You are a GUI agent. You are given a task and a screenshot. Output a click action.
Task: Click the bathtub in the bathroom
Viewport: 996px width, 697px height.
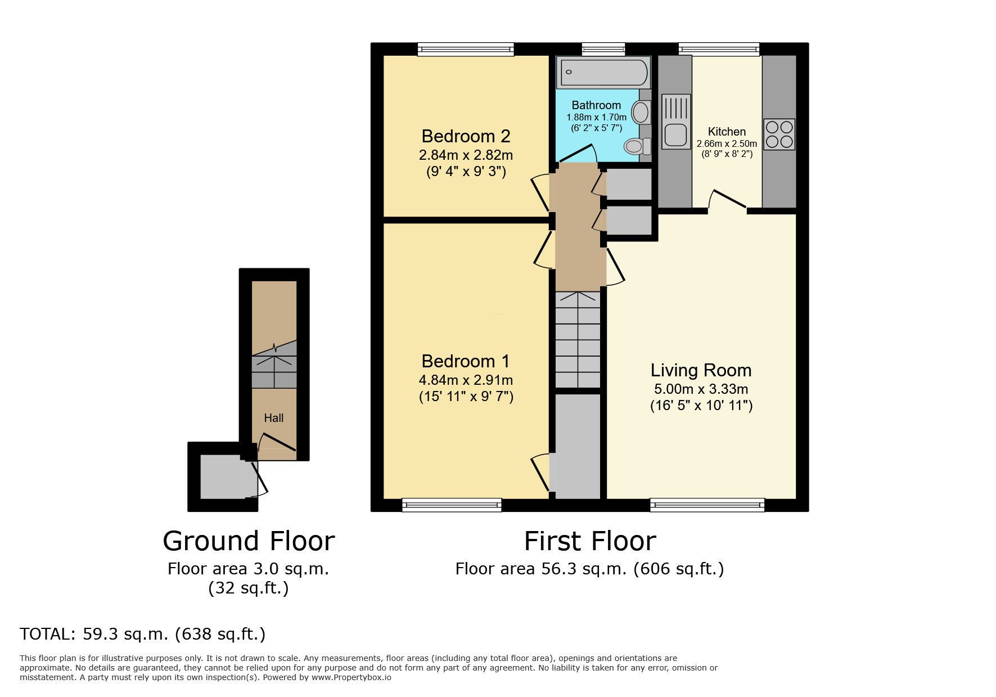tap(603, 72)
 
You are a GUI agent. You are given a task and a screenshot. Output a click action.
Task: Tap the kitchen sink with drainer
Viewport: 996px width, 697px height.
tap(675, 122)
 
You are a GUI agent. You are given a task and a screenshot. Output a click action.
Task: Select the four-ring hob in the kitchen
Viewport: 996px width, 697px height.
tap(779, 134)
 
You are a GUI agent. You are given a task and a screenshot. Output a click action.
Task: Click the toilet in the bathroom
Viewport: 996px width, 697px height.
tap(637, 146)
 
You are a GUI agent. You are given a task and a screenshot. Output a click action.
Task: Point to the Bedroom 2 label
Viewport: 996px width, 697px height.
tap(466, 136)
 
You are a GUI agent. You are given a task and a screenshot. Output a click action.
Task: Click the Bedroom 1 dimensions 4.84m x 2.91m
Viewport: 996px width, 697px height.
tap(466, 380)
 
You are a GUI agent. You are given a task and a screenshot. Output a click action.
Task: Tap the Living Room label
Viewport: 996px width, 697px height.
tap(701, 370)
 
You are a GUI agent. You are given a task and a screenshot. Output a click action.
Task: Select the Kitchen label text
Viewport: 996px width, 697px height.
tap(727, 132)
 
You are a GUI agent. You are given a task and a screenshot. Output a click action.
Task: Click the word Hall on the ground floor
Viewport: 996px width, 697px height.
tap(274, 418)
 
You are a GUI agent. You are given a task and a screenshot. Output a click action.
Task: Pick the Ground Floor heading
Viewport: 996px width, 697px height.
tap(249, 541)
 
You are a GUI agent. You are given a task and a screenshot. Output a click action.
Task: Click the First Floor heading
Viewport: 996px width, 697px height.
tap(590, 541)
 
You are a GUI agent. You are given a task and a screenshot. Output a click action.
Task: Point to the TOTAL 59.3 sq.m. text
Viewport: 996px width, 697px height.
tap(142, 634)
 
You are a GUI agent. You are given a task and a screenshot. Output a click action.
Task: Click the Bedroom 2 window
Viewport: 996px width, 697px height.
tap(466, 50)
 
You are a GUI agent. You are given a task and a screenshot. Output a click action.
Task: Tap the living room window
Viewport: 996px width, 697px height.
tap(707, 505)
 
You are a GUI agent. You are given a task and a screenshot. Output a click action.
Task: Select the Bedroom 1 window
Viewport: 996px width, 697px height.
tap(452, 505)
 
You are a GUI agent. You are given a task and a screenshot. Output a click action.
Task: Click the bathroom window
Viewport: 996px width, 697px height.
tap(603, 50)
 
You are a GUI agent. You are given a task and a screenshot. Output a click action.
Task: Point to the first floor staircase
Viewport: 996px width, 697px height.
tap(578, 340)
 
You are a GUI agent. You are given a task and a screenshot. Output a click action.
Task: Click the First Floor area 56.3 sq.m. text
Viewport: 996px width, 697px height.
tap(589, 569)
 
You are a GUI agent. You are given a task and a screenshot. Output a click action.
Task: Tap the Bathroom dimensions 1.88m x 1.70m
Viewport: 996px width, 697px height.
tap(596, 117)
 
